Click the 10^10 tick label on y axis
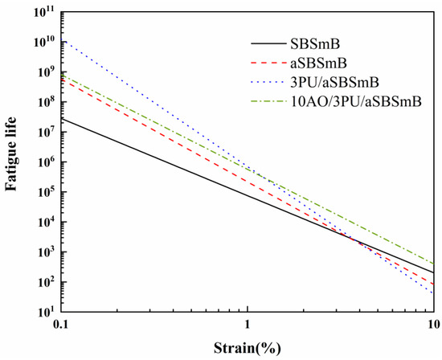pos(42,41)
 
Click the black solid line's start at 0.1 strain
pos(62,118)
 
